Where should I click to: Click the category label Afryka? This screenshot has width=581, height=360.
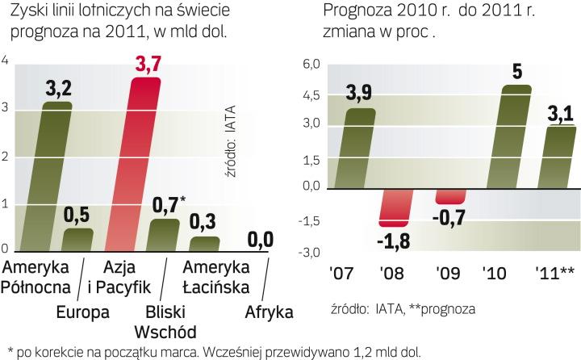tap(269, 312)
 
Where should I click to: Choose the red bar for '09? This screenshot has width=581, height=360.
tap(450, 195)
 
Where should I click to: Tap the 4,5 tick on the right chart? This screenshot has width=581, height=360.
tap(311, 95)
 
